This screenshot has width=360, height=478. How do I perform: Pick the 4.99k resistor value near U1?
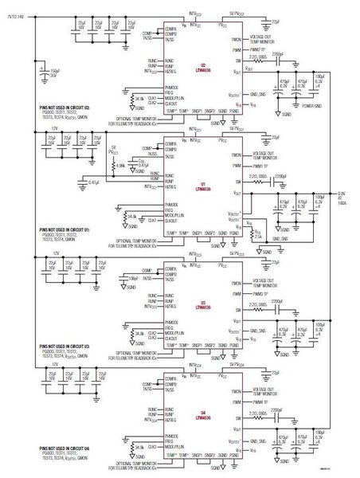(120, 165)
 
